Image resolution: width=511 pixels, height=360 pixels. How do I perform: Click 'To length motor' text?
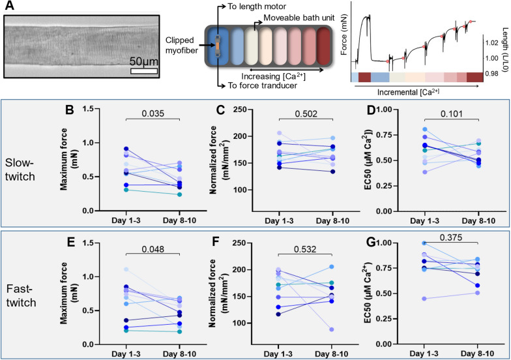point(257,6)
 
